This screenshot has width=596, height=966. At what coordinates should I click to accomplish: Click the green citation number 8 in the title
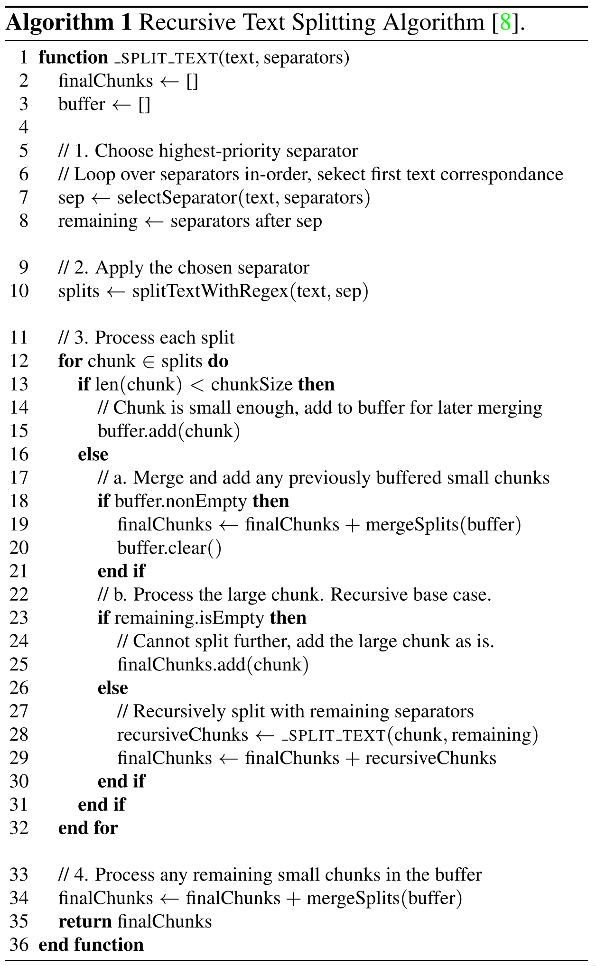click(x=505, y=23)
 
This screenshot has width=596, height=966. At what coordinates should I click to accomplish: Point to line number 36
click(x=19, y=944)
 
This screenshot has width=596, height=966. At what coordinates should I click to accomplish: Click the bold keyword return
click(x=85, y=921)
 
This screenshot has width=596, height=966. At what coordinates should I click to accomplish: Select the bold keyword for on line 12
click(x=70, y=361)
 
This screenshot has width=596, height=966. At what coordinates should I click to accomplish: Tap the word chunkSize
click(x=251, y=385)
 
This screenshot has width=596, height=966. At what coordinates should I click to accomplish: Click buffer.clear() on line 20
click(x=169, y=548)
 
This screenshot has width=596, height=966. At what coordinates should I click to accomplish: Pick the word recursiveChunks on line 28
click(x=183, y=735)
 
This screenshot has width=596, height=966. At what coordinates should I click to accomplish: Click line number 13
click(x=19, y=384)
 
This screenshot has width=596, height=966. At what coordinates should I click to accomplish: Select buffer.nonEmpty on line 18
click(x=180, y=502)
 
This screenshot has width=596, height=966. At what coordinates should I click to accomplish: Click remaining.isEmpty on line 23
click(x=189, y=618)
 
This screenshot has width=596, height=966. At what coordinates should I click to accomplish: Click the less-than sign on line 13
click(x=196, y=385)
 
